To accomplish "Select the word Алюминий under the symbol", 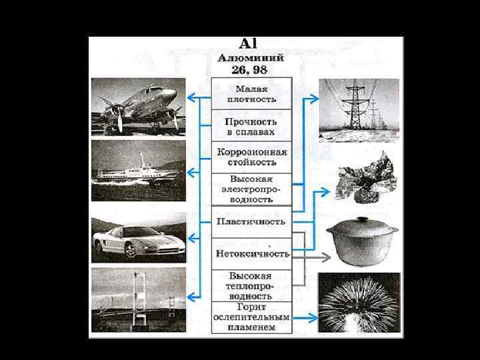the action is coord(251,59).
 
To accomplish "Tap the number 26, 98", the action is coord(251,70).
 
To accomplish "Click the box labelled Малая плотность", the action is coord(251,94).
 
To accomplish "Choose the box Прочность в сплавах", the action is coord(251,126).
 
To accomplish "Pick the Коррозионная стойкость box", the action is coord(251,157).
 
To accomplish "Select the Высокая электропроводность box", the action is coord(251,189).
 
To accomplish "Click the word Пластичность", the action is coord(251,221).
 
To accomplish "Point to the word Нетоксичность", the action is coord(251,254).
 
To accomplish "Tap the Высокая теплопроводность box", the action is coord(251,285).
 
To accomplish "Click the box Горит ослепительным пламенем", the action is coord(251,317).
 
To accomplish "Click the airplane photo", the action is coord(138,107).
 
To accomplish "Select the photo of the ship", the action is coord(138,171).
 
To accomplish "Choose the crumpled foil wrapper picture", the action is coord(363,179).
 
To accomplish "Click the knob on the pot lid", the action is coord(363,219).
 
